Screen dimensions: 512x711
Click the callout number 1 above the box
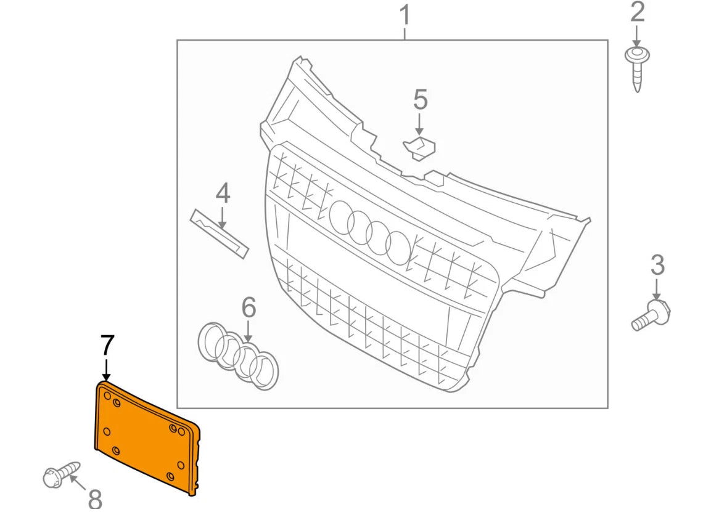(405, 15)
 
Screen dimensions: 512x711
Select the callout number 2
(637, 12)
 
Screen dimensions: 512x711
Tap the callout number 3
(657, 265)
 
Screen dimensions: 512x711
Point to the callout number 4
(223, 193)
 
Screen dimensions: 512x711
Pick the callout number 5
(420, 100)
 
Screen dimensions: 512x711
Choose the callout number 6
(248, 306)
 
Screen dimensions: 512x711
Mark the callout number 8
(95, 498)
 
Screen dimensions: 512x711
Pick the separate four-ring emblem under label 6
(238, 355)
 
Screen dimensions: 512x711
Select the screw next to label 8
(61, 473)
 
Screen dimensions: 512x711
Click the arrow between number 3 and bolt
(657, 290)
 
